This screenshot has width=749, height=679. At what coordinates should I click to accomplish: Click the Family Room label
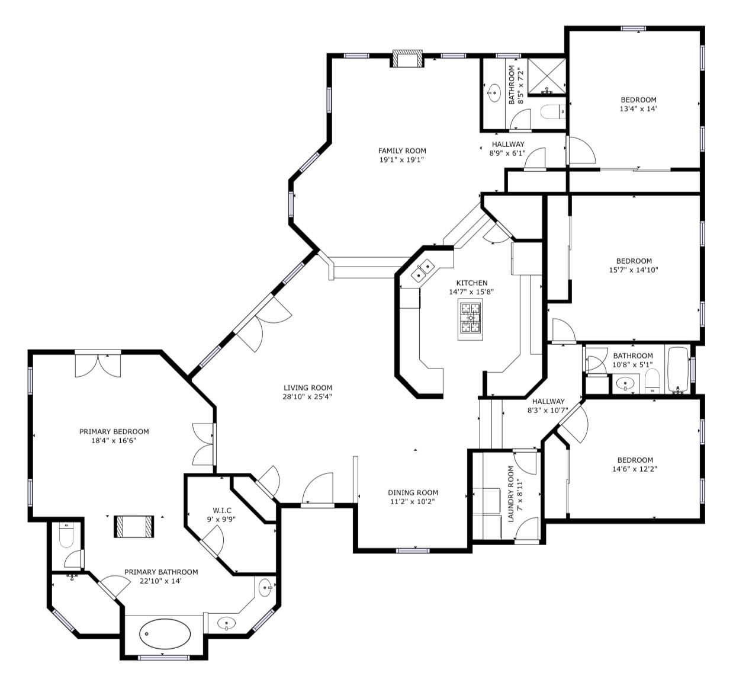coord(402,150)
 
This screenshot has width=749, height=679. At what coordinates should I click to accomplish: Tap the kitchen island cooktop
coord(470,319)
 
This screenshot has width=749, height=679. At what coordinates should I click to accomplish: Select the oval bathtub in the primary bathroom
coord(165,634)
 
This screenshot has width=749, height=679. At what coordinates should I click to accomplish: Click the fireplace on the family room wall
coord(407,59)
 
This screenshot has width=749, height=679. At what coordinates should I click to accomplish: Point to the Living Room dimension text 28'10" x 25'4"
coord(307,396)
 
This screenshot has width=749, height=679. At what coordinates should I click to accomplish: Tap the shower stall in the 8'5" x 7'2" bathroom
coord(547,76)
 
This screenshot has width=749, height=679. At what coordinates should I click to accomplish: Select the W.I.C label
coord(222,510)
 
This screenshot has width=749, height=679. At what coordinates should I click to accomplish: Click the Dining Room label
coord(413,492)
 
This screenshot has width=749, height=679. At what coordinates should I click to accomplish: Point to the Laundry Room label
coord(511,494)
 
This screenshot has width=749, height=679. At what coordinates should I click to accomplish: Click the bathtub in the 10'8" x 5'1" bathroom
coord(678,370)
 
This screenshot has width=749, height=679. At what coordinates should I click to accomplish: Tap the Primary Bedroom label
coord(114,431)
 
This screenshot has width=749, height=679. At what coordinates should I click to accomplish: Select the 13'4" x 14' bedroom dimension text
coord(638,109)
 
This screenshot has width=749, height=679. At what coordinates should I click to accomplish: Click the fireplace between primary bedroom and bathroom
coord(134,527)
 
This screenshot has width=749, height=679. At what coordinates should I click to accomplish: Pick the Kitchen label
coord(471,283)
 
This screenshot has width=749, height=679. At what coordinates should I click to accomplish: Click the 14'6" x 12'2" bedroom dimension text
coord(635,469)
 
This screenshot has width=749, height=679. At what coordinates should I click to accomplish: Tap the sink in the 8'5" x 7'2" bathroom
coord(495,93)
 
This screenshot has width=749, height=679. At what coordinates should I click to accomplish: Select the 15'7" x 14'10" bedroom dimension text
coord(634,270)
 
